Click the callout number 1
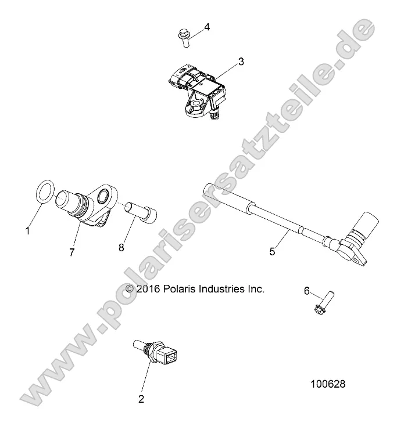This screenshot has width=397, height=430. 27,231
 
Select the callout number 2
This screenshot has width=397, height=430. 141,399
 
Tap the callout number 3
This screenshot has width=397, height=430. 241,62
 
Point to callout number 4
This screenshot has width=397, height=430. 206,27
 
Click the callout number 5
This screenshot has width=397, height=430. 273,251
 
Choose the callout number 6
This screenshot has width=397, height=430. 306,292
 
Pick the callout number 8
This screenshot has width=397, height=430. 121,247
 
